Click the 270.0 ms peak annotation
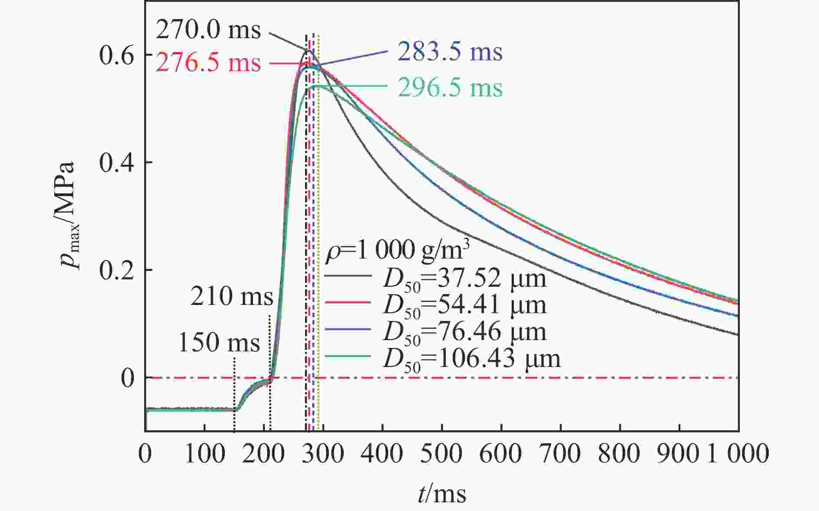click(x=208, y=30)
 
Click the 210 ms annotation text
click(x=232, y=297)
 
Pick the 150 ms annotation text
click(x=219, y=342)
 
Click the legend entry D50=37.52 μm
click(x=464, y=279)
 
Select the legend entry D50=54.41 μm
click(x=464, y=305)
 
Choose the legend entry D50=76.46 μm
click(x=464, y=332)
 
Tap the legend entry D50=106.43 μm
click(x=471, y=359)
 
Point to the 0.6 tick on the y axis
click(x=116, y=55)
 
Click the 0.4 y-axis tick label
click(x=116, y=163)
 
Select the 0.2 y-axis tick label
click(x=116, y=270)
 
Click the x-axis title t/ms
click(x=442, y=494)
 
